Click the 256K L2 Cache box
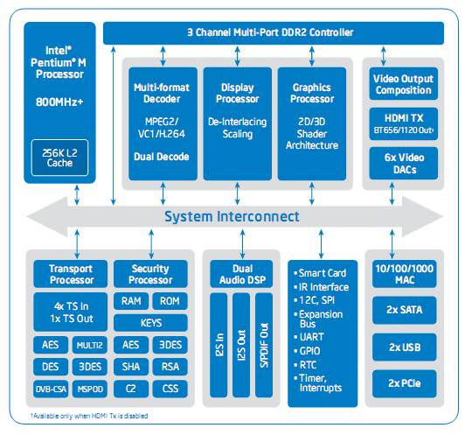click(59, 158)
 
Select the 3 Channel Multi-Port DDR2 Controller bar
click(273, 33)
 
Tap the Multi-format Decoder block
click(163, 123)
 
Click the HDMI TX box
click(403, 123)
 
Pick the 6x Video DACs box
click(403, 164)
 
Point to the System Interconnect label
click(232, 216)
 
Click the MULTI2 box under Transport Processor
click(89, 345)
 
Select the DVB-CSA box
click(51, 389)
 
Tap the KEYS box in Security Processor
click(150, 323)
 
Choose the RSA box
click(170, 367)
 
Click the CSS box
click(170, 389)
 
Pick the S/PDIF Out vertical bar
click(264, 345)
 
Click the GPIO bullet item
click(307, 351)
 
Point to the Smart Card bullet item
click(320, 273)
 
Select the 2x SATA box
click(404, 310)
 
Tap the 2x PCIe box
click(404, 383)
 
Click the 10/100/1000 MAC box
click(404, 274)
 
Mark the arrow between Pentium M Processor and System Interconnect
click(77, 195)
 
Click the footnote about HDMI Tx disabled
click(89, 416)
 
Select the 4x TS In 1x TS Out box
click(71, 312)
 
